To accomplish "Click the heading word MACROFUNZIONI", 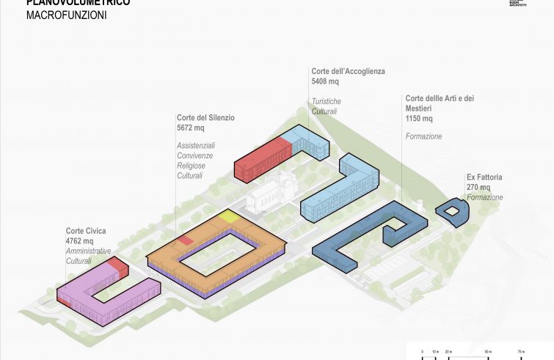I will [66, 15].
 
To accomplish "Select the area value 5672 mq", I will [190, 128].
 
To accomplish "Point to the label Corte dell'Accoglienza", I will [348, 72].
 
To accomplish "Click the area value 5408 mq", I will [325, 82].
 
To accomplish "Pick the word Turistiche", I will [327, 101].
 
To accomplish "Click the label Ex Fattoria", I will [484, 177].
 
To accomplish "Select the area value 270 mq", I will [478, 188].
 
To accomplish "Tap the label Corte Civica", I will [85, 232].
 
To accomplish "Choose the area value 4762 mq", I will [79, 241].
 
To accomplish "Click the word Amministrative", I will [88, 251].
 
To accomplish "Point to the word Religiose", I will [192, 166].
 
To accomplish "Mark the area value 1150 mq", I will [419, 119].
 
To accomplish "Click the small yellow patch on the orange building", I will [229, 216].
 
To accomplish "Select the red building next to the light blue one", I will [260, 156].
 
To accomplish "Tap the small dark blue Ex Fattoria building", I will [452, 212].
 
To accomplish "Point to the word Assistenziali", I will [196, 145].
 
